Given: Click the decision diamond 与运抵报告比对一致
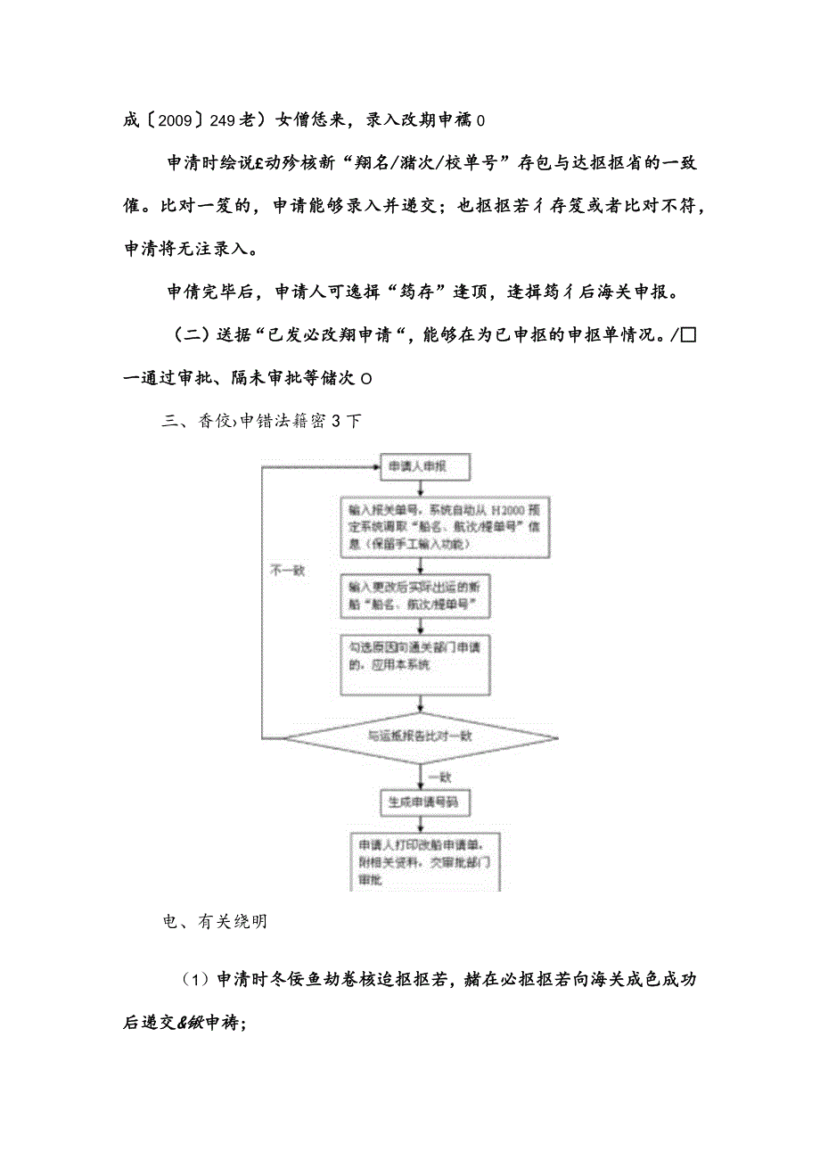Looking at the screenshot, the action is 420,736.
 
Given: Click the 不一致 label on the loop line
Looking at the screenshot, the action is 287,571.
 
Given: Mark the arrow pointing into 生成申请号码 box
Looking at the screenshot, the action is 420,784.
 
